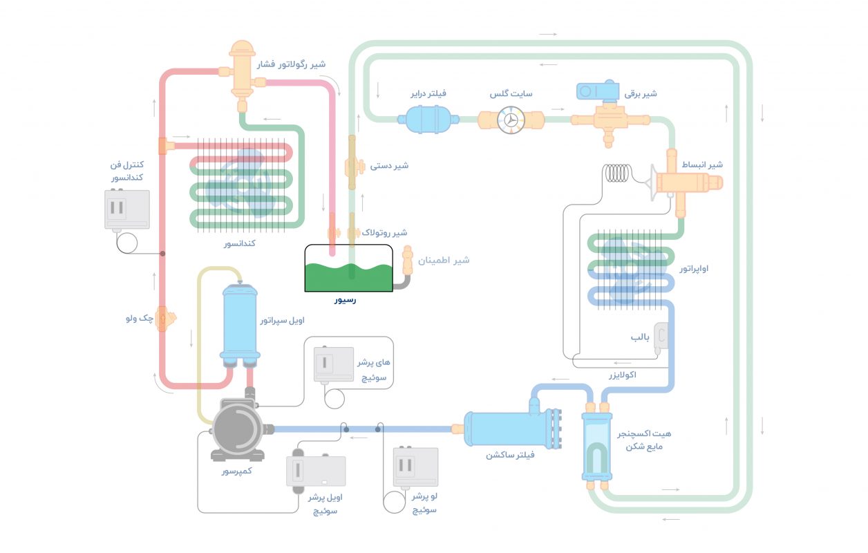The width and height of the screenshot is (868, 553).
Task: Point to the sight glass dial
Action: click(512, 119)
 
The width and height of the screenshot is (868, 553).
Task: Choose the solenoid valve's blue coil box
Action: click(598, 91)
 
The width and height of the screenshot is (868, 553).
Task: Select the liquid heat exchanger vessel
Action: click(596, 446)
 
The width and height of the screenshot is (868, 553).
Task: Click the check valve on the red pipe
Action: click(164, 319)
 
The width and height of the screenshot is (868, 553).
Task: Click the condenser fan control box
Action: click(126, 209)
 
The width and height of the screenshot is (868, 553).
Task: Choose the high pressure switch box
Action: click(333, 364)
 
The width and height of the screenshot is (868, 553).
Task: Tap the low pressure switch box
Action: click(415, 467)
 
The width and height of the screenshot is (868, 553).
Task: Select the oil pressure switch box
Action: click(317, 472)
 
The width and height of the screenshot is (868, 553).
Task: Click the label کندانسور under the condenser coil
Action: click(240, 244)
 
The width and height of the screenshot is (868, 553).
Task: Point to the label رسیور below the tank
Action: click(345, 300)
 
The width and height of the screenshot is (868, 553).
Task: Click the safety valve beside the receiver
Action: click(407, 262)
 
